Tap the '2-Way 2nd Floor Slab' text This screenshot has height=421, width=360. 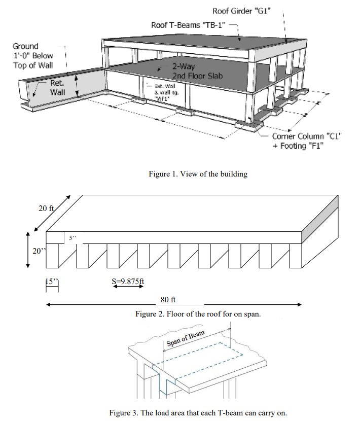[x=194, y=71]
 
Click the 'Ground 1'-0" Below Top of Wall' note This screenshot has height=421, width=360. [x=32, y=56]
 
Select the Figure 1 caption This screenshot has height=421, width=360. [x=198, y=174]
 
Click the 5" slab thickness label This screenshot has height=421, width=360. [x=73, y=237]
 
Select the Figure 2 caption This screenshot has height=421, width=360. [x=198, y=314]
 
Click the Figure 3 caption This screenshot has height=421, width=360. [x=198, y=412]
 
